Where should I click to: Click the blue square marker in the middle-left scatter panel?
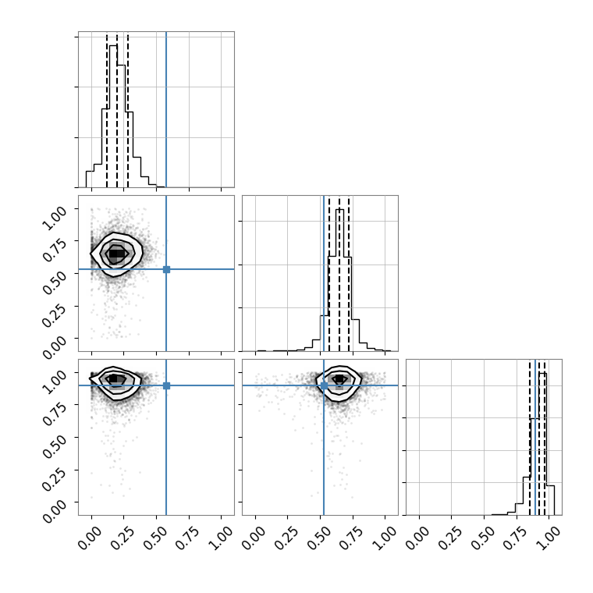point(166,269)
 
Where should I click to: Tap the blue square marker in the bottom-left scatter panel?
point(166,385)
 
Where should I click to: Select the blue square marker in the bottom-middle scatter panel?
point(324,385)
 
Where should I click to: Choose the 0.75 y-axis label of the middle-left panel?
point(54,250)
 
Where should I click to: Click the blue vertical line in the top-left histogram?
point(166,109)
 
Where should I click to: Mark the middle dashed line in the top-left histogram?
point(117,111)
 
